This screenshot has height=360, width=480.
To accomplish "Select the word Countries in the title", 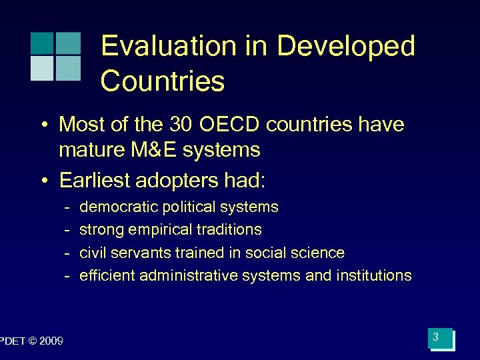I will click(163, 81).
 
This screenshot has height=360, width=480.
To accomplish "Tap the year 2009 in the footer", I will click(51, 342).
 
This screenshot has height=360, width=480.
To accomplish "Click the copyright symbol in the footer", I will click(32, 342).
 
